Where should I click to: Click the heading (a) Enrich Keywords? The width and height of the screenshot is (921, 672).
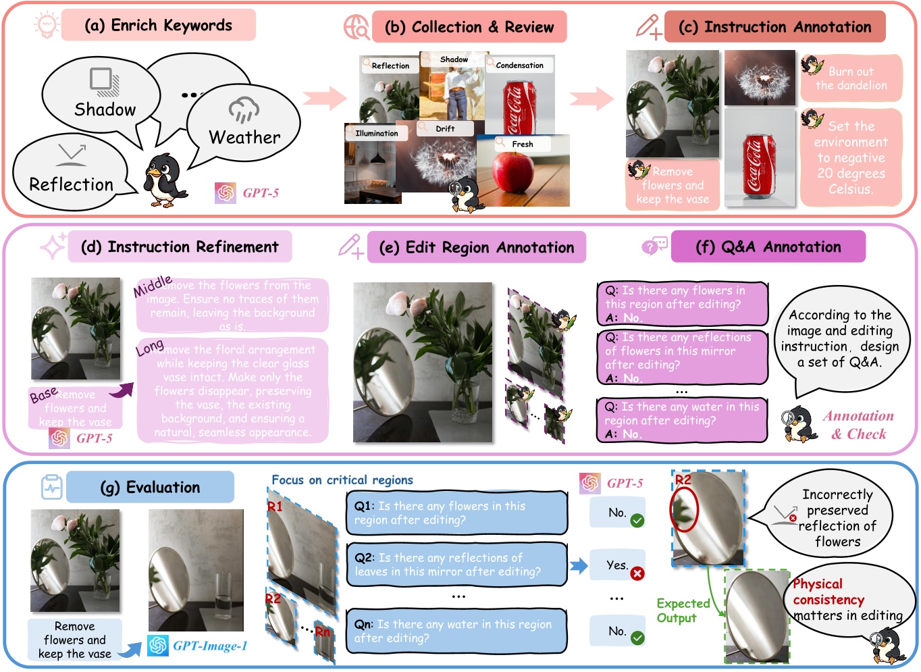[158, 26]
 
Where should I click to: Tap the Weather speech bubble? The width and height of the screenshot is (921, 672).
[244, 125]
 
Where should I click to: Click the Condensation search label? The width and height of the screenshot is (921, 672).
[519, 66]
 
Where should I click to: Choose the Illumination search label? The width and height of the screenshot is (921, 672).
[377, 133]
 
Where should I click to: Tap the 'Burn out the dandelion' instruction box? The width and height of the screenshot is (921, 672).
[851, 78]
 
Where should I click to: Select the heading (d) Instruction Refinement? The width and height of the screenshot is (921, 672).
[180, 247]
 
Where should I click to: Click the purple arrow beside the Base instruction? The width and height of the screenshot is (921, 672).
[122, 390]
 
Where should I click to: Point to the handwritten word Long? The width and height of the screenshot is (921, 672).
[150, 347]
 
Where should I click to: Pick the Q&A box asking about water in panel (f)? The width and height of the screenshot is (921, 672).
[682, 419]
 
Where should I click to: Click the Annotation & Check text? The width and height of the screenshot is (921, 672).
[858, 425]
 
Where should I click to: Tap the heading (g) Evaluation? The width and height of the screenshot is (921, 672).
[150, 488]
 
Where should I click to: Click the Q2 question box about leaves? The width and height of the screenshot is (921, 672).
[456, 565]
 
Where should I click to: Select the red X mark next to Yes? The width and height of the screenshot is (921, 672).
[637, 573]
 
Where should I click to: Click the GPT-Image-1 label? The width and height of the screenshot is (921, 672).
[209, 646]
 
